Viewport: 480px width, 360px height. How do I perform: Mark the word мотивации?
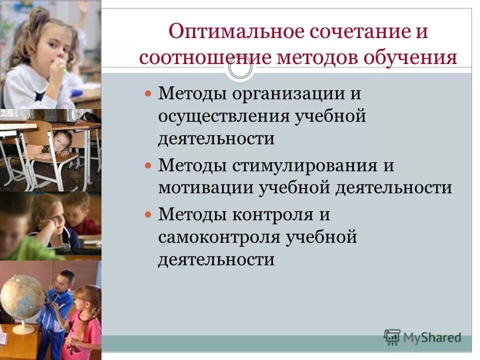205,187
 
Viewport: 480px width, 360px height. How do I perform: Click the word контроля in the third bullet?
269,215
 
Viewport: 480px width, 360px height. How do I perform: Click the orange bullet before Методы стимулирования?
147,165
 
